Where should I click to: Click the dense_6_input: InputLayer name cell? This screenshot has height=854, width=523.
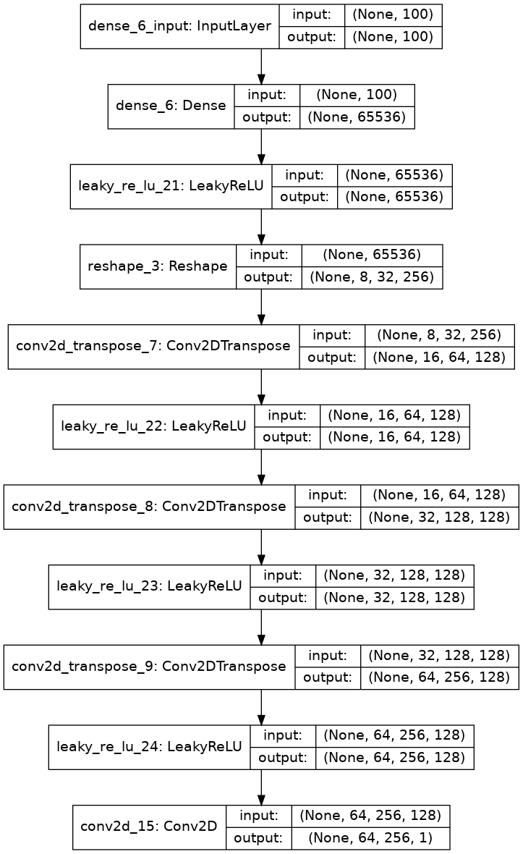pos(179,27)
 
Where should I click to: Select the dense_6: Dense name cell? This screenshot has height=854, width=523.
pos(171,106)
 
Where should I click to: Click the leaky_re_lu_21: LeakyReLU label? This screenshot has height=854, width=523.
pos(171,187)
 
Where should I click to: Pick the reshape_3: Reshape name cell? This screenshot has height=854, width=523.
pos(158,266)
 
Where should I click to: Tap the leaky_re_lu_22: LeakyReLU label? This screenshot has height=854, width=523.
pos(153,426)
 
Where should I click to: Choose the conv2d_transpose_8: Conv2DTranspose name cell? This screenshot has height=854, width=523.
pos(149,507)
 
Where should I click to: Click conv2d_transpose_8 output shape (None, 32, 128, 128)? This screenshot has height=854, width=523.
pos(439,517)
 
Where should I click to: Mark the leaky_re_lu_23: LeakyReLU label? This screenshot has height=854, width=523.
pos(149,586)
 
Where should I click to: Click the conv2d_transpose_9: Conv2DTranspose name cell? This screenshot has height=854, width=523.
pos(149,667)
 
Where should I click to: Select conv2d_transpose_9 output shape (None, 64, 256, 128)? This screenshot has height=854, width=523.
pos(439,677)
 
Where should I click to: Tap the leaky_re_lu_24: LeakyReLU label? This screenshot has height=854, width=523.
pos(149,746)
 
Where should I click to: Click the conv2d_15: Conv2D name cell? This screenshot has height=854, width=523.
pos(149,826)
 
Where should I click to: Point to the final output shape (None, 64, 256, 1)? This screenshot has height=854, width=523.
pos(370,837)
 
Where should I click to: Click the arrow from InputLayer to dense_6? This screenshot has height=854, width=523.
pos(261,67)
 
